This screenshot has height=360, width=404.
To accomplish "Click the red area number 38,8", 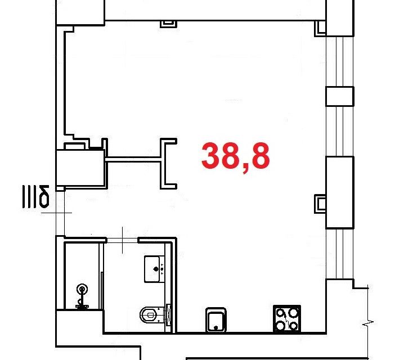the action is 236,157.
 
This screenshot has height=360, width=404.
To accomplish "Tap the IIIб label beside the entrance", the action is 35,196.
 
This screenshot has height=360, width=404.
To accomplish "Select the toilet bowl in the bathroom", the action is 152,314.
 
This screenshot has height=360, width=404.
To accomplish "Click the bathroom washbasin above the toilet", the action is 154,269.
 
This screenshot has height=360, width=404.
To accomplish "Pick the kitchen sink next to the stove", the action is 216,320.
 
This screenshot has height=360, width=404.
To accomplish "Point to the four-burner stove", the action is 287,319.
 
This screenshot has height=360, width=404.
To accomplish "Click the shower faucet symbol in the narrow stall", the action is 82,296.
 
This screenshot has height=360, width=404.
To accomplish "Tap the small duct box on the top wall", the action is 169,24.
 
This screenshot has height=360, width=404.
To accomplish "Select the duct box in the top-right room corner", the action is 320,28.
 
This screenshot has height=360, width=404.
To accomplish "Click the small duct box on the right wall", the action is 320,204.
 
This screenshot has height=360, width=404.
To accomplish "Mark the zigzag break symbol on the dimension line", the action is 368,323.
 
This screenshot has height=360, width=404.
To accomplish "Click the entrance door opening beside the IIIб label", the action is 60,213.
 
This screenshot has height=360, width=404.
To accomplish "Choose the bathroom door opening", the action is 122,241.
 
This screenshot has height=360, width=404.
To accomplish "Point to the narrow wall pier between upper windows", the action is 340,97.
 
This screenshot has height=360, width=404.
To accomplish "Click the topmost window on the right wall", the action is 340,62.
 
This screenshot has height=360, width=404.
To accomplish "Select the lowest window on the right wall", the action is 339,254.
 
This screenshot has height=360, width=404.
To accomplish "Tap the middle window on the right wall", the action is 340,131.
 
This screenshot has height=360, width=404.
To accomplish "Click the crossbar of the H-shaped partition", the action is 133,160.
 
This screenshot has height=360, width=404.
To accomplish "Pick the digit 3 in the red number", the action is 212,156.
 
